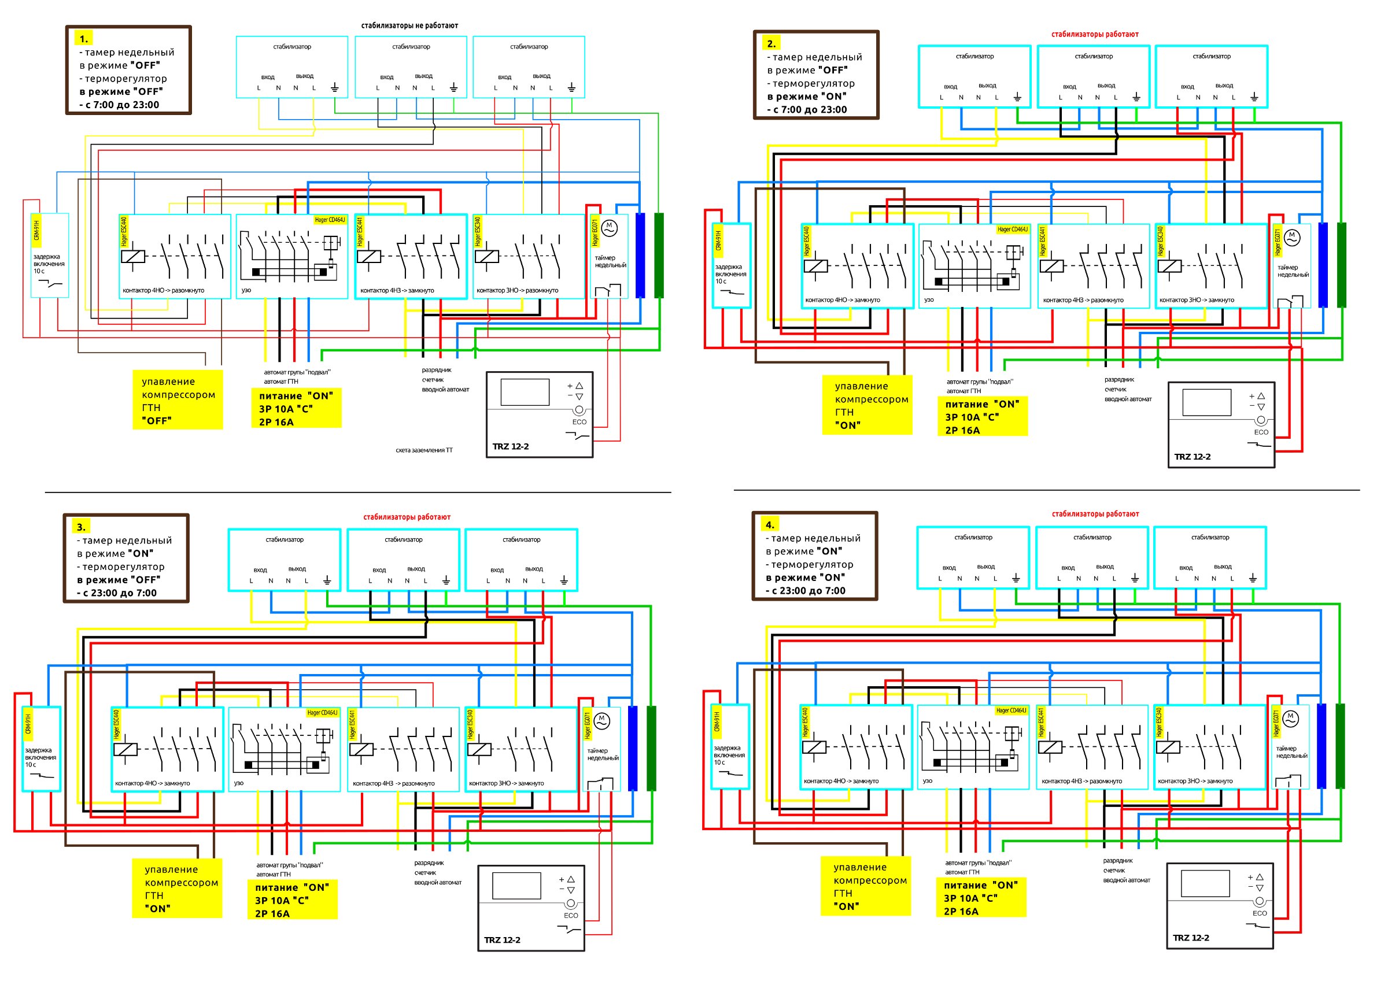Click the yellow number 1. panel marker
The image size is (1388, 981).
pyautogui.click(x=83, y=39)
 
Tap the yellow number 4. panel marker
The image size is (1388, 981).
pyautogui.click(x=770, y=525)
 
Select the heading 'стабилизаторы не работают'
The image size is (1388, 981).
pyautogui.click(x=409, y=26)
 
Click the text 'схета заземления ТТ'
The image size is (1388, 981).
pyautogui.click(x=424, y=450)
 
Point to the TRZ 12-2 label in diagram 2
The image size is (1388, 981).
pyautogui.click(x=1192, y=457)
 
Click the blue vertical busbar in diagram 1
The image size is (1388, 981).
pyautogui.click(x=640, y=255)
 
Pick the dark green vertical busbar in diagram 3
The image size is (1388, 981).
pyautogui.click(x=651, y=748)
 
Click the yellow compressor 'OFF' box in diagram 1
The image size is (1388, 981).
pyautogui.click(x=178, y=400)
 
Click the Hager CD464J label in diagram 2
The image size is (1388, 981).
pyautogui.click(x=1013, y=229)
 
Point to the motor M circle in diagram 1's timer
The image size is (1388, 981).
pyautogui.click(x=610, y=228)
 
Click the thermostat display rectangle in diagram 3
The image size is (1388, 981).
pyautogui.click(x=516, y=886)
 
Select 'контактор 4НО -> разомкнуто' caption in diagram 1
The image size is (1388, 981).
pyautogui.click(x=163, y=291)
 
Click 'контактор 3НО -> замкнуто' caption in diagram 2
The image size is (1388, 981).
pyautogui.click(x=1197, y=301)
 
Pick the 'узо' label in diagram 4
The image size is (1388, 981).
pyautogui.click(x=927, y=781)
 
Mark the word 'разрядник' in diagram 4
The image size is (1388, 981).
pyautogui.click(x=1118, y=861)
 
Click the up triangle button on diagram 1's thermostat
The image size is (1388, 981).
pyautogui.click(x=579, y=386)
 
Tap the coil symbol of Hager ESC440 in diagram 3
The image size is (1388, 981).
pyautogui.click(x=125, y=750)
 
